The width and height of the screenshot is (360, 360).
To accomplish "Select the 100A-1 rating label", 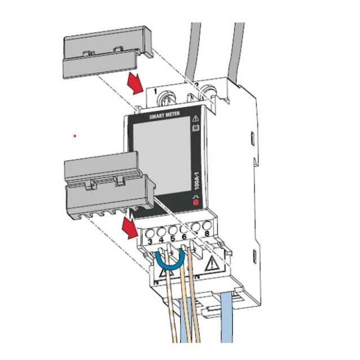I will tap(196, 180).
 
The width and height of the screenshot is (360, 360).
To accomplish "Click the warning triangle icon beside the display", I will tap(196, 119).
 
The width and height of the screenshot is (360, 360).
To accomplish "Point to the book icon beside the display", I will tap(196, 129).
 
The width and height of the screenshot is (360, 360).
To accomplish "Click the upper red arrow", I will tap(134, 85).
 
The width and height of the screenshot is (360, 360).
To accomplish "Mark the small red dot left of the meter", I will tap(74, 135).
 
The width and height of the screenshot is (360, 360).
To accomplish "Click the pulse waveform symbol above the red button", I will tap(196, 194).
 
